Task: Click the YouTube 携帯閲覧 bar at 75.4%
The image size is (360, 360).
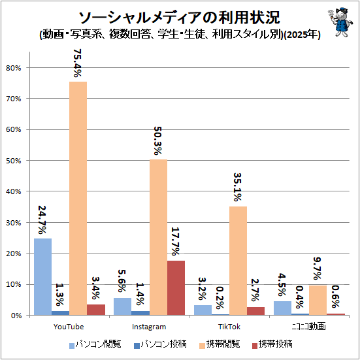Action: pos(78,199)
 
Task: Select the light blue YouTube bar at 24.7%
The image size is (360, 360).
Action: pos(42,277)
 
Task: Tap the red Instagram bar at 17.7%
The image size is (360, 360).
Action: pos(176,288)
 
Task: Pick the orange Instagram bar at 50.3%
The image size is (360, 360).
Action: pos(158,237)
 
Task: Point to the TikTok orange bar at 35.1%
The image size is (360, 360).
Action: pos(238,261)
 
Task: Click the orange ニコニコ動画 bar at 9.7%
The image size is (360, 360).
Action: pos(318,301)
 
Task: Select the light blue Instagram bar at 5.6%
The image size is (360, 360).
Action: pos(123,306)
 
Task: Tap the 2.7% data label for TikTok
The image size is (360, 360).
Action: pos(255,290)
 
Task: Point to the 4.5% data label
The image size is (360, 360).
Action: pos(282,285)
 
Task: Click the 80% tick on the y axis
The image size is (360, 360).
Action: pos(13,68)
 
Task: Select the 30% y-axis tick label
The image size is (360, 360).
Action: pos(13,223)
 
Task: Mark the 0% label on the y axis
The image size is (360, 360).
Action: pos(16,316)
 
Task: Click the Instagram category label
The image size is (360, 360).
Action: pos(149,327)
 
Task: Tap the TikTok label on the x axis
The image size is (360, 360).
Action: pos(229,327)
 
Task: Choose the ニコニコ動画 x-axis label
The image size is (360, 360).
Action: pos(309,327)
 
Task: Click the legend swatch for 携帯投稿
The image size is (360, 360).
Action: pos(255,346)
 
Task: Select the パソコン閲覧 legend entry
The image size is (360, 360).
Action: pos(95,344)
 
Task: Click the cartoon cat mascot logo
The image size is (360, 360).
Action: pos(340,22)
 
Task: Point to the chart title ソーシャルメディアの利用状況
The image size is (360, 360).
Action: pos(179,18)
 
